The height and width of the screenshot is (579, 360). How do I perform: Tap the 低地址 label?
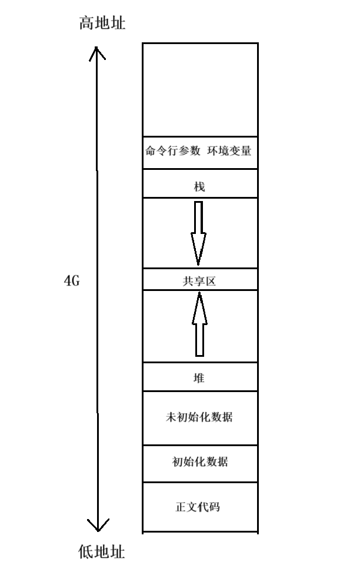pyautogui.click(x=102, y=552)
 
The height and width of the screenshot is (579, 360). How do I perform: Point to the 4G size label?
pyautogui.click(x=71, y=281)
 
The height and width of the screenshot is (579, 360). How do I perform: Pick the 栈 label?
pyautogui.click(x=199, y=186)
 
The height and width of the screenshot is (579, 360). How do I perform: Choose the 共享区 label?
pyautogui.click(x=199, y=282)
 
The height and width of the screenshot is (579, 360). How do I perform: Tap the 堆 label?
pyautogui.click(x=199, y=378)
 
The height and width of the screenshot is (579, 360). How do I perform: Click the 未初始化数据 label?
pyautogui.click(x=199, y=417)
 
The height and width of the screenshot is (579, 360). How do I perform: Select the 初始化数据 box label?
pyautogui.click(x=199, y=461)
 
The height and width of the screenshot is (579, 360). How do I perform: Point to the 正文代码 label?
pyautogui.click(x=199, y=506)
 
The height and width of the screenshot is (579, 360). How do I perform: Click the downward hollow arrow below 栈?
pyautogui.click(x=199, y=232)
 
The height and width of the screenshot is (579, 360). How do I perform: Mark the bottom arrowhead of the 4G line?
pyautogui.click(x=98, y=526)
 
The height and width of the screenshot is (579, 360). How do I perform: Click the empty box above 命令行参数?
pyautogui.click(x=199, y=89)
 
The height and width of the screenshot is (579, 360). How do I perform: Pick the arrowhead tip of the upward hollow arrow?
pyautogui.click(x=199, y=294)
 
